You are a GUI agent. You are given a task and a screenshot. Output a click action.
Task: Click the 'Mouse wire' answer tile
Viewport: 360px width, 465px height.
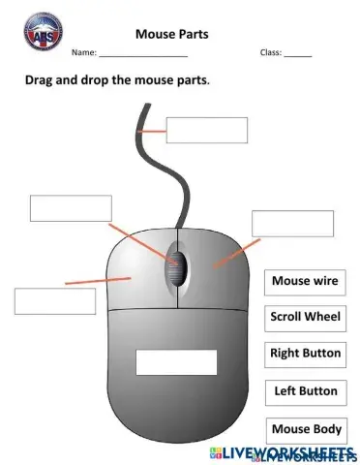(305, 282)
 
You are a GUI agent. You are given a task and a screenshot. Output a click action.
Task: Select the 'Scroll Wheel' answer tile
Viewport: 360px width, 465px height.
(305, 317)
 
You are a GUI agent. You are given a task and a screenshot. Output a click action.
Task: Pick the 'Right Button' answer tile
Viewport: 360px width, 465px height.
(305, 354)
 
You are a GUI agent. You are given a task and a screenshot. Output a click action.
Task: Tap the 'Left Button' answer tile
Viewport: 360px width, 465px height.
(305, 391)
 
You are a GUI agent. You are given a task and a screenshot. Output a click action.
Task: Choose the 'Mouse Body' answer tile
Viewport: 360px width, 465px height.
(305, 429)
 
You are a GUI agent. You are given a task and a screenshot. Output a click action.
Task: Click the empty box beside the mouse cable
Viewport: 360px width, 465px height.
(206, 130)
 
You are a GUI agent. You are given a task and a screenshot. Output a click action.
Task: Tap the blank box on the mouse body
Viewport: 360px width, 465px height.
(175, 361)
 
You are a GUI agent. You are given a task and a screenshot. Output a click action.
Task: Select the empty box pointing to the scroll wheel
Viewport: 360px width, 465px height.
(71, 208)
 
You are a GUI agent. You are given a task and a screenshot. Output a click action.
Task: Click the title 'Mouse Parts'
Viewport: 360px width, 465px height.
(171, 35)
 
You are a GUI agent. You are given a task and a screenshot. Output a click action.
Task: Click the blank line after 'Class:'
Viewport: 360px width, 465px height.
(298, 55)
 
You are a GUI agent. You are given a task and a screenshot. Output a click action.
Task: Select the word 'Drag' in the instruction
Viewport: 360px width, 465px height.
(42, 80)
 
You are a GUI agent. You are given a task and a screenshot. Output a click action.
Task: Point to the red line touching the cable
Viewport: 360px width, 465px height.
(152, 130)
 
